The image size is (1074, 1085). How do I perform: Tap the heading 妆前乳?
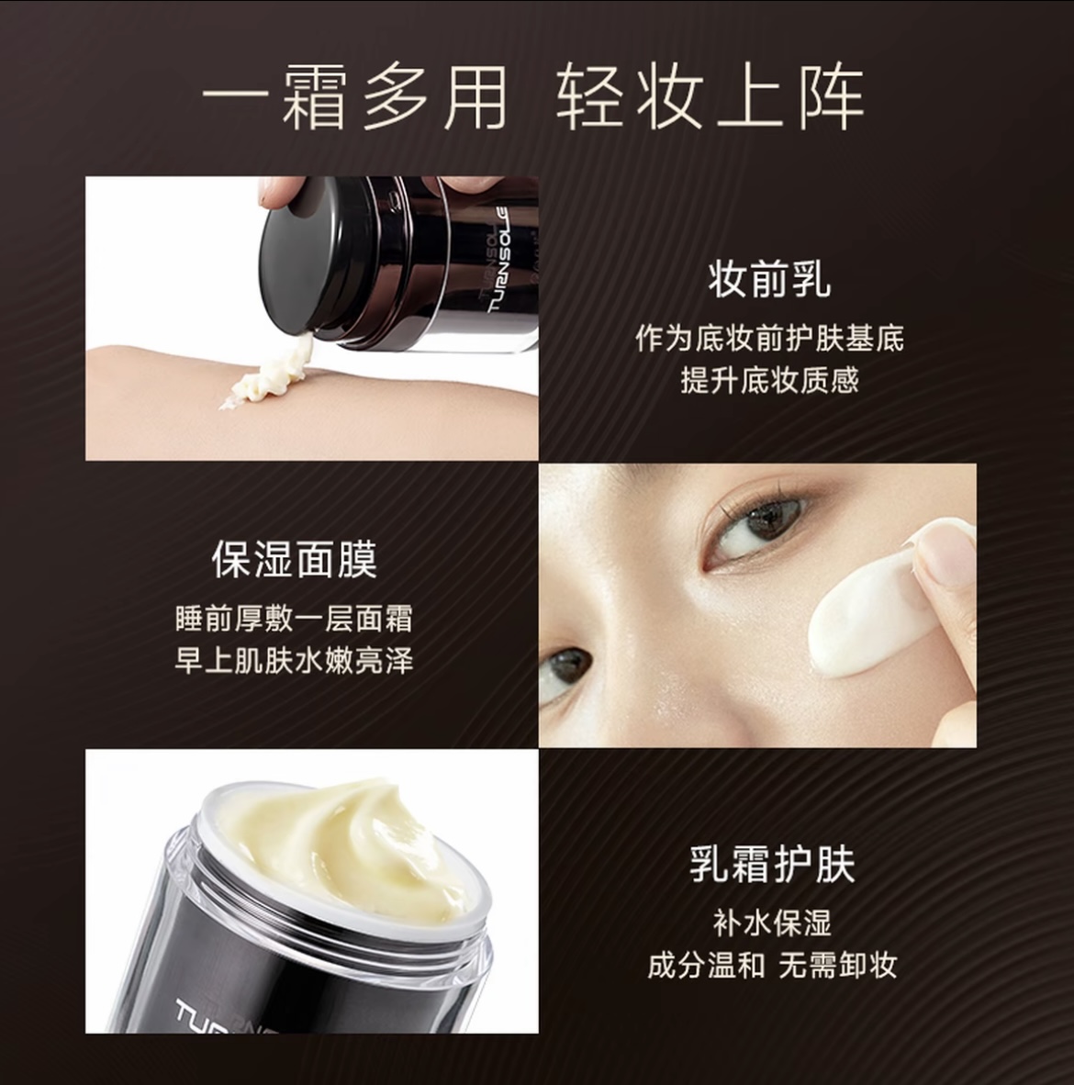769,279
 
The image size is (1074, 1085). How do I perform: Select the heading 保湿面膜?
294,559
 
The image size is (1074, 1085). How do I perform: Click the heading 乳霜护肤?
771,865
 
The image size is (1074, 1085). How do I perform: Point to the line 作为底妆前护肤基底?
769,338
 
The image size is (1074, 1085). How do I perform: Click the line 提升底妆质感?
769,379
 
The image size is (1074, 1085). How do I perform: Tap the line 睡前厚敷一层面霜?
294,618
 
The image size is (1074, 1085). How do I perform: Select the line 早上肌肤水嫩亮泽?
294,660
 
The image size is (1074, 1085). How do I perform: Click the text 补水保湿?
771,923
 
